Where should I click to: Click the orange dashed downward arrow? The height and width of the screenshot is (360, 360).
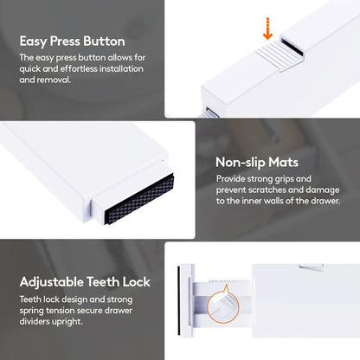pyautogui.click(x=267, y=29)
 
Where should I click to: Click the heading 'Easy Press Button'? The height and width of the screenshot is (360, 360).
pyautogui.click(x=72, y=42)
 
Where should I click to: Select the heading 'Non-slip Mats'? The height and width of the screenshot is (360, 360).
pyautogui.click(x=257, y=163)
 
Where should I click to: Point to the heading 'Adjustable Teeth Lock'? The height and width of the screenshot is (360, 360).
pyautogui.click(x=85, y=282)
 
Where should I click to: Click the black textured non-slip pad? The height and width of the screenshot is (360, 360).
pyautogui.click(x=139, y=199)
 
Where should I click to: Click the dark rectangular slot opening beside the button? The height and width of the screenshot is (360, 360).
pyautogui.click(x=292, y=48)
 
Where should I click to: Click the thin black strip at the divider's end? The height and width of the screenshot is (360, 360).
pyautogui.click(x=179, y=300)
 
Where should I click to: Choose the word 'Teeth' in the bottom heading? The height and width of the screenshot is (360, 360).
pyautogui.click(x=103, y=282)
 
